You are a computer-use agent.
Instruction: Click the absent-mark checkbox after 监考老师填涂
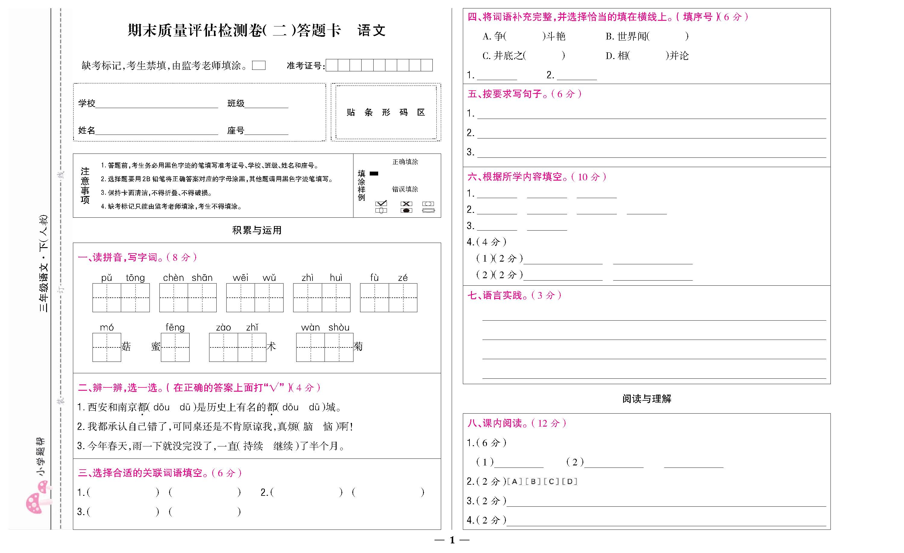click(x=259, y=66)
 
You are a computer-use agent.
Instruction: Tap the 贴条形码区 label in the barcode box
click(x=386, y=112)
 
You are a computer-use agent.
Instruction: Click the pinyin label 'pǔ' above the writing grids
click(x=106, y=278)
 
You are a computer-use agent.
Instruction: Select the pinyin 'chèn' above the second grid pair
click(x=173, y=278)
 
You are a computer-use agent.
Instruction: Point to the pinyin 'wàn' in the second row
click(x=310, y=327)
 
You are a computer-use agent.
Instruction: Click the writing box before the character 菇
click(x=107, y=347)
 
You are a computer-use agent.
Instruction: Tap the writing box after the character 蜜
click(x=175, y=347)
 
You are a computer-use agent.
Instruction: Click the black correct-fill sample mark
click(x=374, y=173)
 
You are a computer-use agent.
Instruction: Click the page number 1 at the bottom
click(x=452, y=540)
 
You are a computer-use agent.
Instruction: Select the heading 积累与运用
click(x=257, y=230)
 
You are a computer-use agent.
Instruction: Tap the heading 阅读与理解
click(x=646, y=399)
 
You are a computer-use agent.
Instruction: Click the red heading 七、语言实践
click(x=514, y=295)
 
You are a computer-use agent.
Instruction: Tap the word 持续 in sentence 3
click(x=253, y=446)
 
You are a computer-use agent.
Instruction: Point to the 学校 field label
click(x=86, y=103)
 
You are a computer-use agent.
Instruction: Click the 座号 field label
click(x=236, y=130)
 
